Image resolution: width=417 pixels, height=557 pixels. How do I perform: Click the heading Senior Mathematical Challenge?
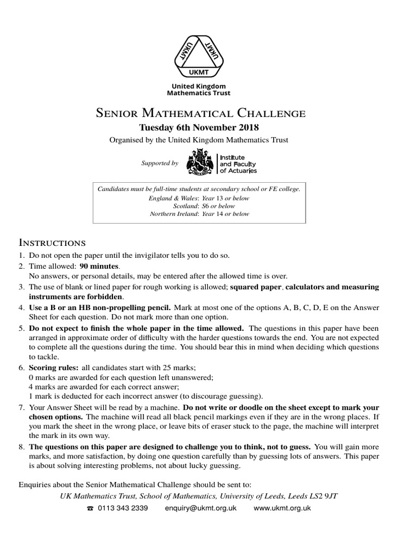tap(200, 114)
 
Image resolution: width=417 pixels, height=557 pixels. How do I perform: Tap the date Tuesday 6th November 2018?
tap(199, 128)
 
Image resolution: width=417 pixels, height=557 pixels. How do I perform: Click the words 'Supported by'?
tap(160, 163)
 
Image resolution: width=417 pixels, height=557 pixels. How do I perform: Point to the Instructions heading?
tap(52, 242)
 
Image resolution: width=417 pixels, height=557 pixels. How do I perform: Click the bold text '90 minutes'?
tap(99, 267)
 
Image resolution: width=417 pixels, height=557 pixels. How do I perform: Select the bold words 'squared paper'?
tap(255, 287)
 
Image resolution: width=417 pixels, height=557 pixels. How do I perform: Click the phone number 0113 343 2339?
tap(123, 508)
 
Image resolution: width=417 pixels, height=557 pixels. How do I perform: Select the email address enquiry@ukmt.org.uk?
tap(200, 508)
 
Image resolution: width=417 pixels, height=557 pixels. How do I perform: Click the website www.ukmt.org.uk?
tap(282, 508)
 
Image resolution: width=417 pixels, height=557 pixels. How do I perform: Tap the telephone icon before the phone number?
tap(90, 509)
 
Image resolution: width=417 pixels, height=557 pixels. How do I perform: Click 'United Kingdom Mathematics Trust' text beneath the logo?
tap(199, 90)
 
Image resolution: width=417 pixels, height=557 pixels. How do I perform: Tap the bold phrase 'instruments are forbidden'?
tap(76, 296)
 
